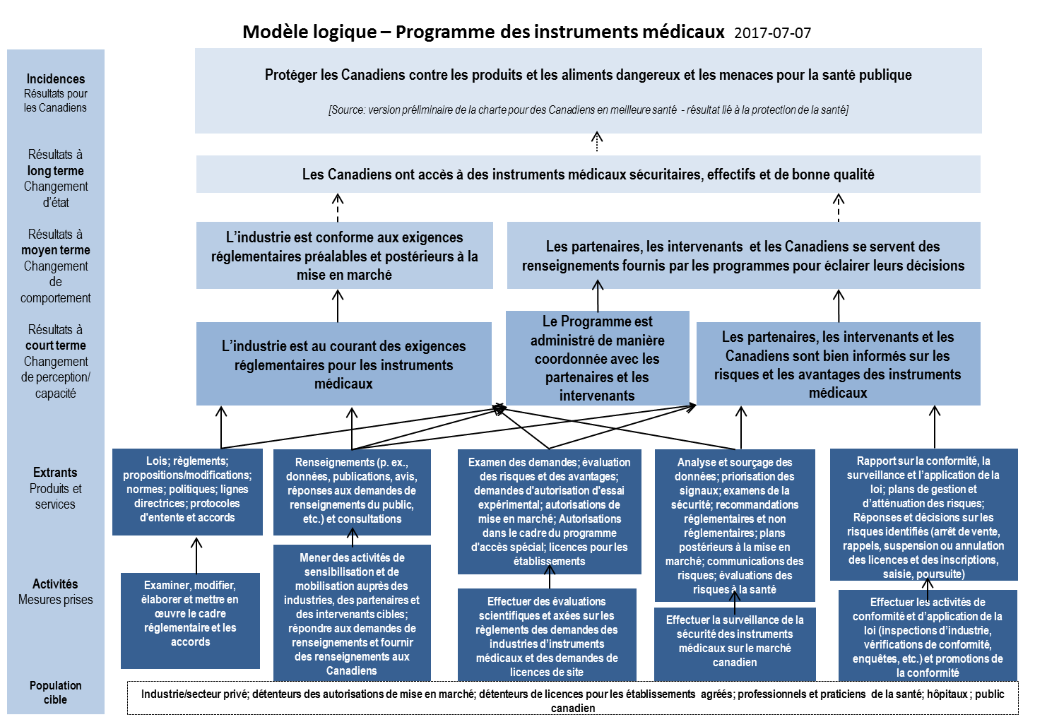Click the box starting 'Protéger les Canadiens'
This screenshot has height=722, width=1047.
(x=588, y=75)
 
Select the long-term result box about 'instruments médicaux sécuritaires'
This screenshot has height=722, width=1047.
(x=588, y=174)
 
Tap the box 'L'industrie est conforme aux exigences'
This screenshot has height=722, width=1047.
(x=344, y=256)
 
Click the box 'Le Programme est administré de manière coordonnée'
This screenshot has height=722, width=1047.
(x=597, y=358)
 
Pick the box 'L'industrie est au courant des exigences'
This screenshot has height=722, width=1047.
(x=343, y=365)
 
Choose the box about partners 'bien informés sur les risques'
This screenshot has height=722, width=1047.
(x=838, y=365)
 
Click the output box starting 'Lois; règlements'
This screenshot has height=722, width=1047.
(x=187, y=490)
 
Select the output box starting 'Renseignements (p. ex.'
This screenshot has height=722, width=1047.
(x=352, y=491)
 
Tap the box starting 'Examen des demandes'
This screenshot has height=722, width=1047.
(x=549, y=511)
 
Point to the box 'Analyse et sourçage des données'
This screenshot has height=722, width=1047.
(x=735, y=526)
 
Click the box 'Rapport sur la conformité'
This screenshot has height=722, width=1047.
(x=923, y=517)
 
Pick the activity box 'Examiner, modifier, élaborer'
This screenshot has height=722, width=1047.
(x=191, y=614)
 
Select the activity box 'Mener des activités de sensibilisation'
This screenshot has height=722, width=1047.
(x=352, y=614)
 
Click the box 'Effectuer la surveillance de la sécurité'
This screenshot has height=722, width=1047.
(x=735, y=641)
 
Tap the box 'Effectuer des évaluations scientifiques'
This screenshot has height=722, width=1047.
(x=547, y=637)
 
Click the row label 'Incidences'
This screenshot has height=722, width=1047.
(x=56, y=79)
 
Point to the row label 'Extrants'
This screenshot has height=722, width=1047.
(x=55, y=473)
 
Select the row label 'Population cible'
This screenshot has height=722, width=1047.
(x=56, y=692)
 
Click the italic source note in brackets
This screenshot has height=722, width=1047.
(x=588, y=110)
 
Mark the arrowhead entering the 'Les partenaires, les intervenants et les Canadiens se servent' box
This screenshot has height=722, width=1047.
(x=597, y=285)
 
